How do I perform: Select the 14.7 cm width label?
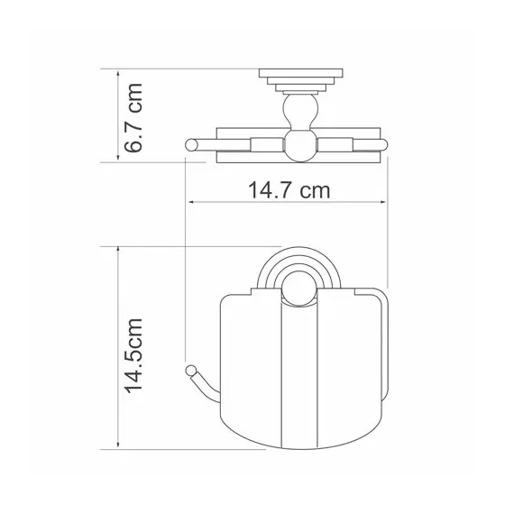tap(288, 190)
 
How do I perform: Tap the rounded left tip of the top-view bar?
tap(189, 143)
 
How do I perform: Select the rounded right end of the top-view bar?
tap(386, 143)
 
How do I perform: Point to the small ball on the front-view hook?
tap(190, 370)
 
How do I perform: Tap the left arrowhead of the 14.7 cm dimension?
tap(188, 204)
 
